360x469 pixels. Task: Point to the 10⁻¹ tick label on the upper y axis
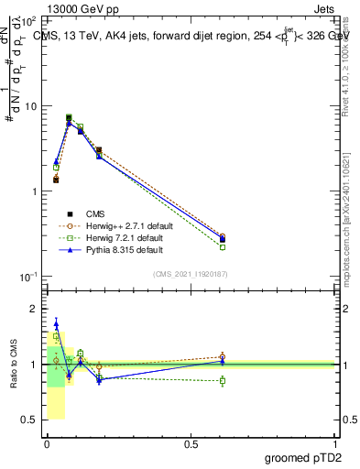pos(28,277)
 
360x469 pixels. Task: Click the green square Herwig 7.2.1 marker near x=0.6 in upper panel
pos(223,247)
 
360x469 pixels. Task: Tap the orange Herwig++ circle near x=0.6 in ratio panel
pos(223,357)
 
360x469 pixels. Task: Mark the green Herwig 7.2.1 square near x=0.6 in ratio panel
pos(223,380)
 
